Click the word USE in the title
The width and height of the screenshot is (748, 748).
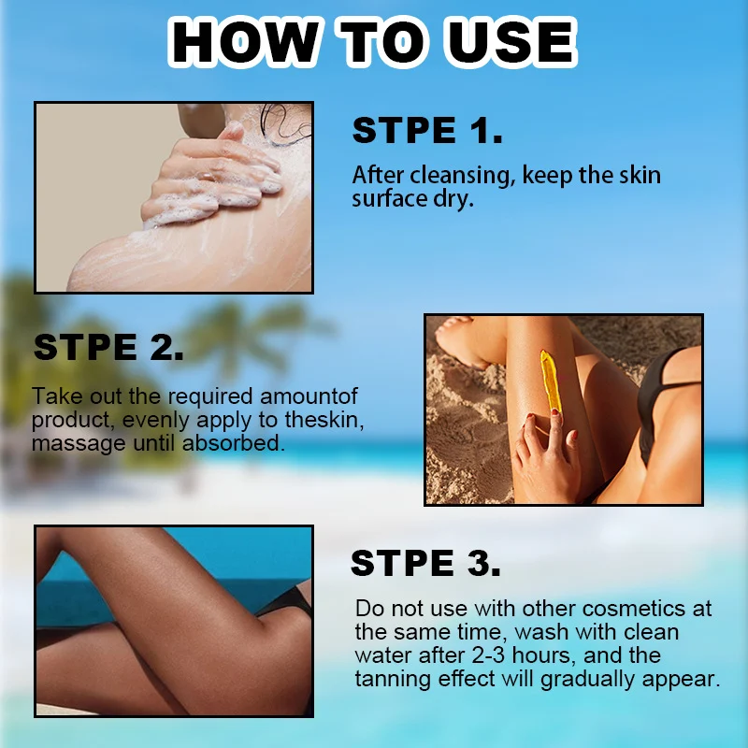[511, 42]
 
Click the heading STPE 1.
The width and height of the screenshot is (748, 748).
[427, 130]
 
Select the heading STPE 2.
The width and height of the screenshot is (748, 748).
[108, 347]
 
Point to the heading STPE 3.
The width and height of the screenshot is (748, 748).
[425, 563]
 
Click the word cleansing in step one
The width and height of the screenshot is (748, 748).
[460, 176]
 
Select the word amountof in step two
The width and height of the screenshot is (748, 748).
[309, 396]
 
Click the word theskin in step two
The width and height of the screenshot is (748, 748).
[324, 420]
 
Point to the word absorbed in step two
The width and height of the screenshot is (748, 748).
[234, 443]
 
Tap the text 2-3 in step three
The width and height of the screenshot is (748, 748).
[488, 655]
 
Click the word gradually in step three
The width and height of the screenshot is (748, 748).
[588, 680]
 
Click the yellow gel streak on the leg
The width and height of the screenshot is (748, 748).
[551, 381]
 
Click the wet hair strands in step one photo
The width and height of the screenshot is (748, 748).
[285, 124]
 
